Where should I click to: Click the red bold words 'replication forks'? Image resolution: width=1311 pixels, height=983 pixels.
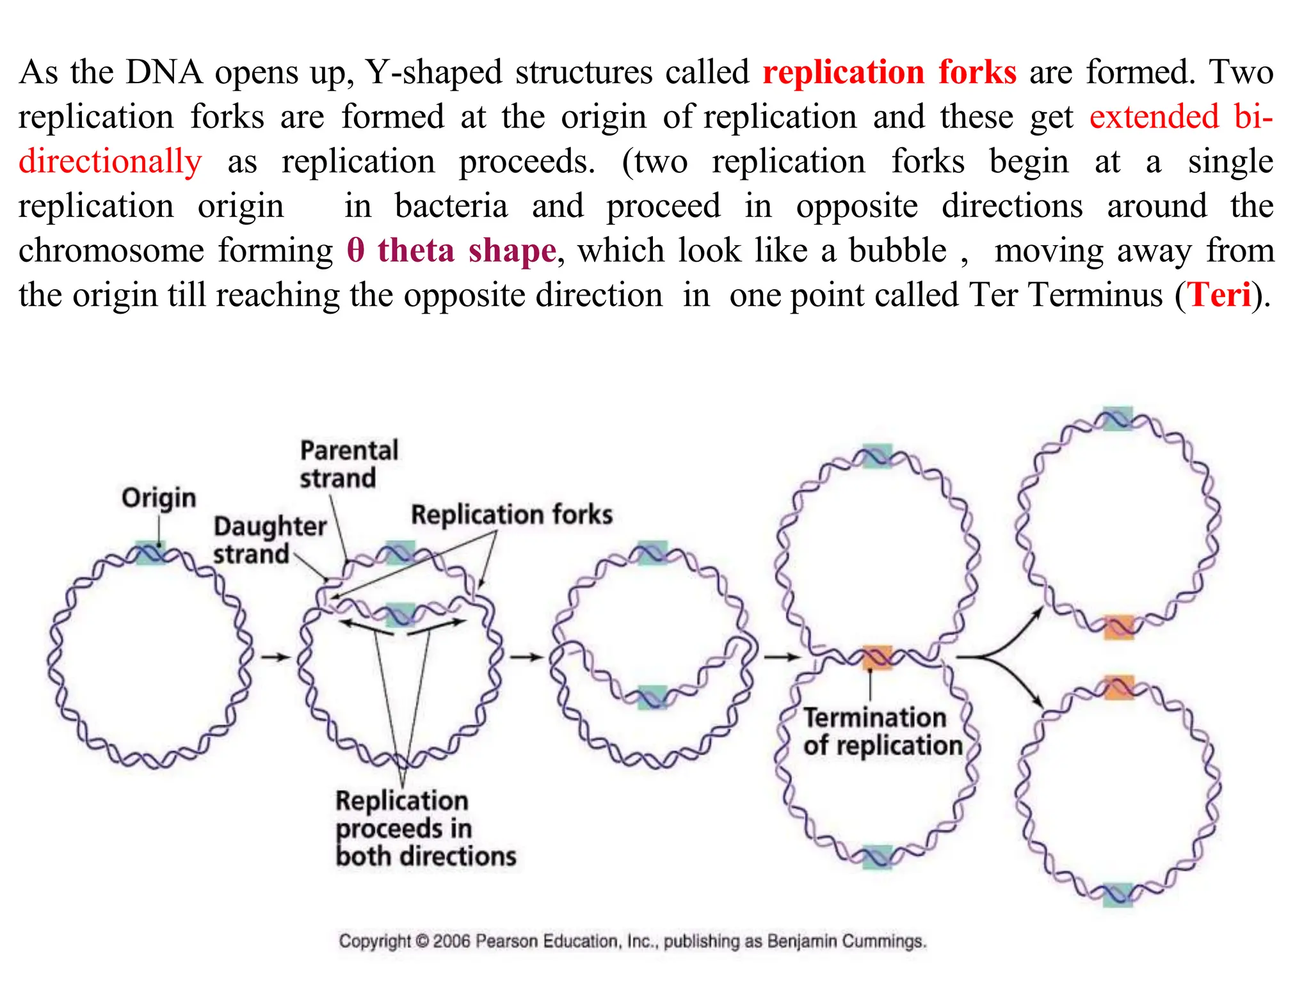tap(889, 72)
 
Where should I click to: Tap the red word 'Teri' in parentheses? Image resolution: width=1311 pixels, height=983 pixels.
tap(1219, 295)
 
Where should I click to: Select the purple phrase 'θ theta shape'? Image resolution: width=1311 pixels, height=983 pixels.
tap(451, 250)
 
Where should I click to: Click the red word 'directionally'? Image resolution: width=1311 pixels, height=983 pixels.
tap(110, 161)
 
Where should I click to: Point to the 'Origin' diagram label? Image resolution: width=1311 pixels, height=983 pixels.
tap(159, 497)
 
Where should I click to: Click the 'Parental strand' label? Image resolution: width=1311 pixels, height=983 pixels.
tap(348, 464)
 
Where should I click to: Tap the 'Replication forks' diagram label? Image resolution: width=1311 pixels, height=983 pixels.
tap(511, 515)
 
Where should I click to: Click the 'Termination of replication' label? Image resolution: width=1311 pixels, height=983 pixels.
tap(881, 731)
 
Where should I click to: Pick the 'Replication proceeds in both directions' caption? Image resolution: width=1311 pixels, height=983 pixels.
tap(424, 828)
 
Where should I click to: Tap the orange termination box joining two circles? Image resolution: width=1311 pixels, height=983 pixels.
tap(877, 657)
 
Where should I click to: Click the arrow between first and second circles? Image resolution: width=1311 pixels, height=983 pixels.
tap(275, 657)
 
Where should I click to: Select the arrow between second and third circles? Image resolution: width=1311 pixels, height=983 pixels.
tap(526, 657)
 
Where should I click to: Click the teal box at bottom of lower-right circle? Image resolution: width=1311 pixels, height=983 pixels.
tap(1118, 894)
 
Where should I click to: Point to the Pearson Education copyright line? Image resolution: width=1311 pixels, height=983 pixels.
tap(632, 941)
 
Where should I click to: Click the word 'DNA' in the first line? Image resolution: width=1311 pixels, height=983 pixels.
tap(164, 72)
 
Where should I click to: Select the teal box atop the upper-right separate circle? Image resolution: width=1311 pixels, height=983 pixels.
tap(1118, 419)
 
